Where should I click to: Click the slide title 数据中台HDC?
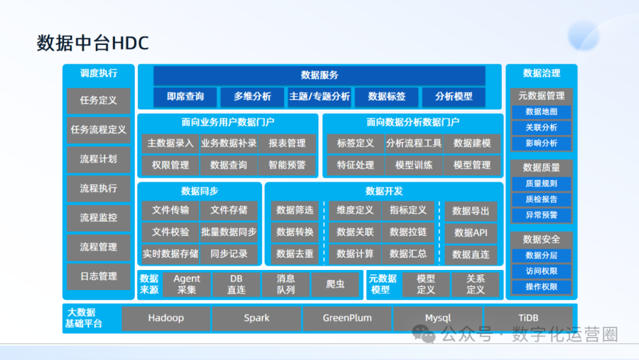(x=93, y=43)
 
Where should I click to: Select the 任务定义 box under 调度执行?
(x=98, y=101)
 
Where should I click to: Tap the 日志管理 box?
(x=98, y=276)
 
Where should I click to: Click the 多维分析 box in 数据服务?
(x=253, y=97)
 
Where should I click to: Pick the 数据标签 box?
(x=386, y=97)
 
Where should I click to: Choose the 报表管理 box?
(x=287, y=143)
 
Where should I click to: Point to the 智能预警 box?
(x=287, y=165)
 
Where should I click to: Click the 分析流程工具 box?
(x=414, y=143)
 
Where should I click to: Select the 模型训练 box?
(x=414, y=165)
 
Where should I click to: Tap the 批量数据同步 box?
(x=228, y=232)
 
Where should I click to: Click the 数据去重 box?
(x=295, y=254)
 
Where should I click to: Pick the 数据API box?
(x=471, y=233)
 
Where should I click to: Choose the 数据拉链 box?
(x=408, y=232)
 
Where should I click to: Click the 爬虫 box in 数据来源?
(x=335, y=284)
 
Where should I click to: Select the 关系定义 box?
(x=475, y=284)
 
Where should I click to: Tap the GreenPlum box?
(x=347, y=318)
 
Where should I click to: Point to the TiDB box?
(x=528, y=318)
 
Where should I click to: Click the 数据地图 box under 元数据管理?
(x=541, y=112)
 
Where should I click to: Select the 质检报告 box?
(x=541, y=200)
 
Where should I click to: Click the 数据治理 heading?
(x=541, y=73)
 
